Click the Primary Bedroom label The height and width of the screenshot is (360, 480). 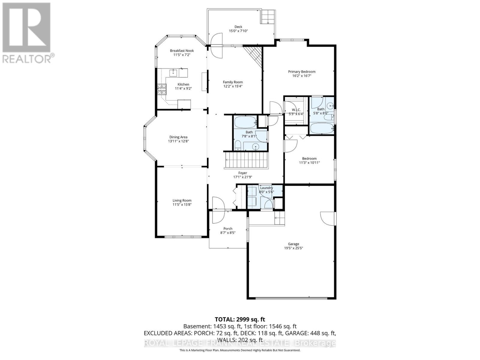point(301,71)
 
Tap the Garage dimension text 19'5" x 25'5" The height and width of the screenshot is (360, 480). point(293,248)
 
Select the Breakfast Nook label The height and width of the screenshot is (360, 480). point(182,50)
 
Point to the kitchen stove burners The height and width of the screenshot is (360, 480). point(161,89)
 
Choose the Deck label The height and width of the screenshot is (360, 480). point(238,27)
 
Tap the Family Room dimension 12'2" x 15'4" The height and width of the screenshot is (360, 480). point(233,86)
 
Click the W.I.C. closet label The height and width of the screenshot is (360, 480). point(296,110)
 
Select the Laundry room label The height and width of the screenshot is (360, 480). point(266,188)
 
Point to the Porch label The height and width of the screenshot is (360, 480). point(228,229)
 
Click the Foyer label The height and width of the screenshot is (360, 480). point(243,173)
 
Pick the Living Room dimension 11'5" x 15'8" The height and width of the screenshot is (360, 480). point(182,204)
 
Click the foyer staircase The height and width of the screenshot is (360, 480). point(246,160)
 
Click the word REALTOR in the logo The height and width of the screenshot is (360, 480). point(26,59)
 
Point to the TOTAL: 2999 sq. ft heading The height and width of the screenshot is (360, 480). point(240,319)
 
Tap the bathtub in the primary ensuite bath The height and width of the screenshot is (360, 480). point(322,128)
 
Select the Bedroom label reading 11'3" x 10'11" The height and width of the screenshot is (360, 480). point(309,160)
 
